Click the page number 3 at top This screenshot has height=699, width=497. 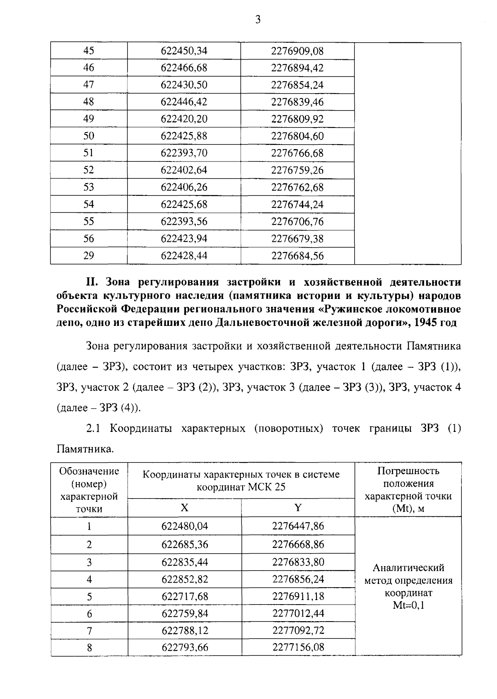[258, 19]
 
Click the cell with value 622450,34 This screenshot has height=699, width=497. [184, 51]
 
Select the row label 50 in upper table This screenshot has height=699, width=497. [89, 136]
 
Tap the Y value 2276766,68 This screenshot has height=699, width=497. [297, 153]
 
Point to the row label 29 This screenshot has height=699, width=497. [89, 256]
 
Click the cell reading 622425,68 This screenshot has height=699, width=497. [184, 205]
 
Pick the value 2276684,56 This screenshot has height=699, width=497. [297, 256]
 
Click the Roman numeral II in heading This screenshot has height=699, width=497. [91, 282]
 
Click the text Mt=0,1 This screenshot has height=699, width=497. [408, 605]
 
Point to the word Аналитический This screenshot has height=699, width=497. [408, 567]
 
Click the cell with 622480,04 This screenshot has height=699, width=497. [184, 526]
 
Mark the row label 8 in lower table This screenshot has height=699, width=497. [89, 647]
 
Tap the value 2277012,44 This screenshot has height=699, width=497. [298, 613]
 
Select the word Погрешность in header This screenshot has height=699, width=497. [408, 471]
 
